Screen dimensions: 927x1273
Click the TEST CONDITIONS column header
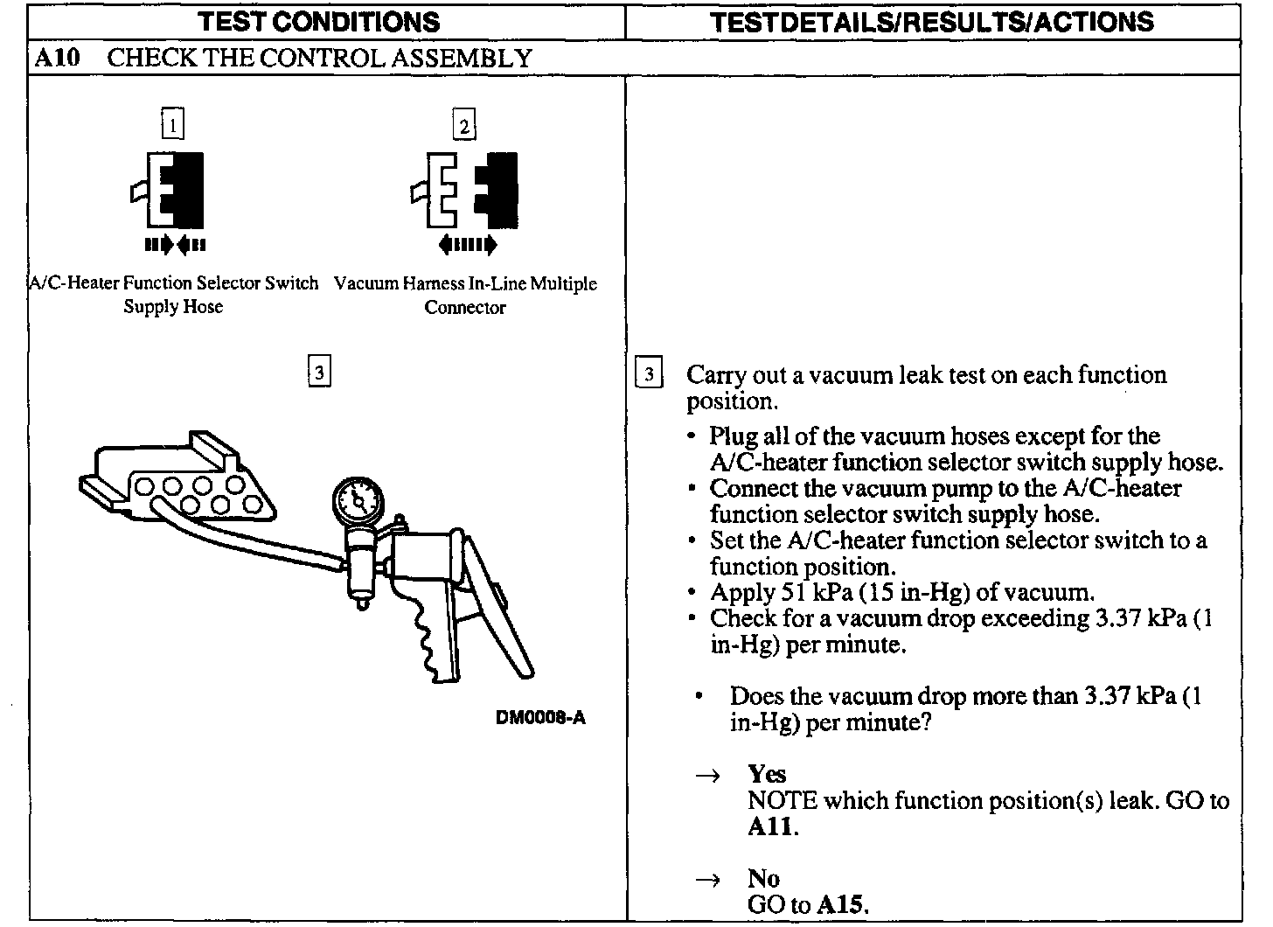point(318,21)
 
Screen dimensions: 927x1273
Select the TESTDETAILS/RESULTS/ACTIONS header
point(932,21)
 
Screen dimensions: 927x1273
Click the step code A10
point(58,59)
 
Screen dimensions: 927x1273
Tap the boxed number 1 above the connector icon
point(173,125)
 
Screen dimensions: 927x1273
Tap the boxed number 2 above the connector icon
point(464,126)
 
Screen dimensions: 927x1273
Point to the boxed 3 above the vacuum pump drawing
point(319,373)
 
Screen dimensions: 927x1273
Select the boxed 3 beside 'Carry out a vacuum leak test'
point(648,375)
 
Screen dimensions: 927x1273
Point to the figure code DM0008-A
point(540,718)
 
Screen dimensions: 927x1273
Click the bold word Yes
point(767,774)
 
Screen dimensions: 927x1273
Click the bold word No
point(763,878)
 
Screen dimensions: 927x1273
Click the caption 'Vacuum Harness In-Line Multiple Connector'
point(465,295)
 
